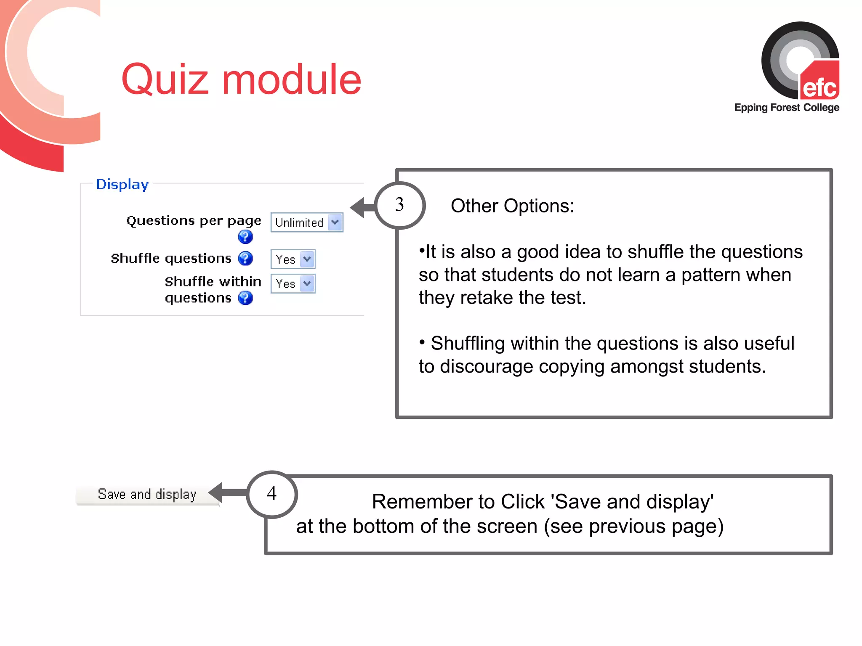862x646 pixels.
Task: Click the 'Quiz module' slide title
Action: (241, 79)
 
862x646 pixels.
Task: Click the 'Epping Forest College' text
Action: (786, 108)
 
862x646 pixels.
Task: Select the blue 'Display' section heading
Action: (122, 184)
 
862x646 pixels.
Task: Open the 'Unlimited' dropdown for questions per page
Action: (306, 222)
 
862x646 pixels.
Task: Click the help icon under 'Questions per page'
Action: (245, 237)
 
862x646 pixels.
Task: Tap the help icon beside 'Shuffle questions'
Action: (245, 258)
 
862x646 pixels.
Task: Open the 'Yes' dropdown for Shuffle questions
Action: (293, 259)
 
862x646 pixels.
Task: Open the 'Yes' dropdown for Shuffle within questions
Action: (293, 284)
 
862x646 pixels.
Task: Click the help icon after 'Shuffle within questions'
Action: (245, 298)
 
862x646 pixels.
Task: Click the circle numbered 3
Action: (399, 205)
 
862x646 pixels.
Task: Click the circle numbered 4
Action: (272, 494)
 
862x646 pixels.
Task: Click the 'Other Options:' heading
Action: (512, 206)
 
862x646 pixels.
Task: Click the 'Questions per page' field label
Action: (193, 221)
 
